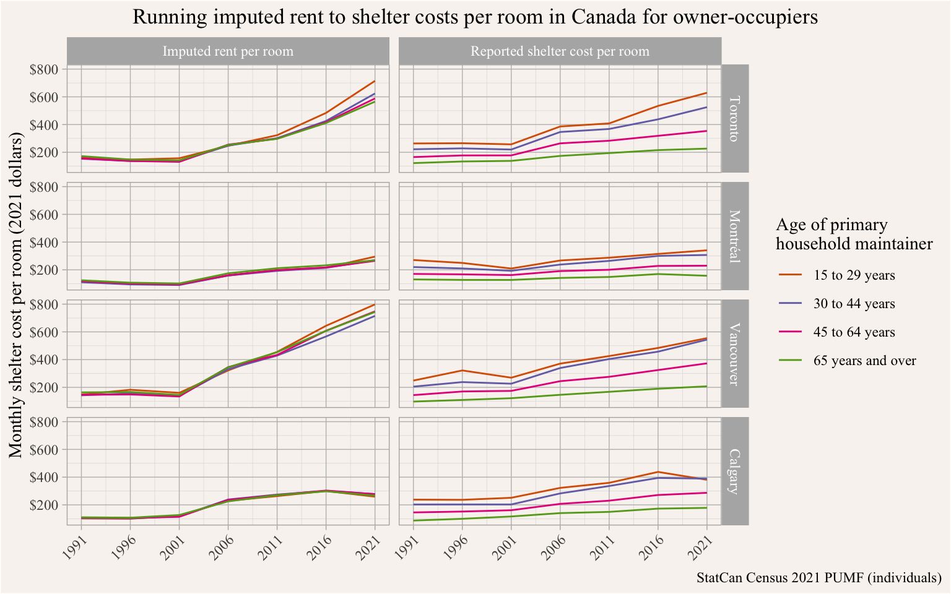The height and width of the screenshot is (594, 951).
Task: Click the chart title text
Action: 475,17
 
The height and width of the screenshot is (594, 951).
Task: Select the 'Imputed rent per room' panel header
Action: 228,51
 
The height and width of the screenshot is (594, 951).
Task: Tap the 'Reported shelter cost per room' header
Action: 560,51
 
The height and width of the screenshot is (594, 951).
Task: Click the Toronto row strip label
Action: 735,118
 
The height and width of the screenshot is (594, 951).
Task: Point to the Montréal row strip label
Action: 735,236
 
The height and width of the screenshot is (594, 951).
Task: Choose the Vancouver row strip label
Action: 735,353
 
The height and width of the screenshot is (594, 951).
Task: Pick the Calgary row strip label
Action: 735,471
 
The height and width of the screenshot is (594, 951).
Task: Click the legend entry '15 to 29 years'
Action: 854,275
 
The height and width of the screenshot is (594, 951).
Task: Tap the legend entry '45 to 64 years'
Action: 854,332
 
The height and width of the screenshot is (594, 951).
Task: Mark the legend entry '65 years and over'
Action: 864,361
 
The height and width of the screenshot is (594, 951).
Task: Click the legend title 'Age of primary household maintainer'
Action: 854,235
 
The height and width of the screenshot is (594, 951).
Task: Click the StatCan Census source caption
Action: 819,578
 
